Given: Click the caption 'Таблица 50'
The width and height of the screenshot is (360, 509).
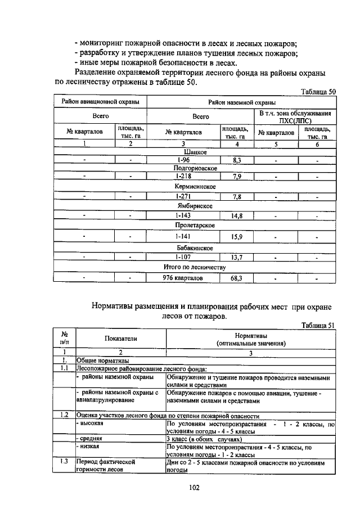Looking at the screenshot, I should [x=318, y=91].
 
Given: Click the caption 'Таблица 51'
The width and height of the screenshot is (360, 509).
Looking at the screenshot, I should [x=318, y=325].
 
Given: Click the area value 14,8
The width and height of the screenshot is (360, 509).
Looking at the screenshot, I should [x=236, y=215].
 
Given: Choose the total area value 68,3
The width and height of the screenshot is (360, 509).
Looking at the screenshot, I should [x=236, y=278].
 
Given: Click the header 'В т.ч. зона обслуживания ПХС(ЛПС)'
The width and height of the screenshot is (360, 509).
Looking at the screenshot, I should [x=295, y=117].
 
